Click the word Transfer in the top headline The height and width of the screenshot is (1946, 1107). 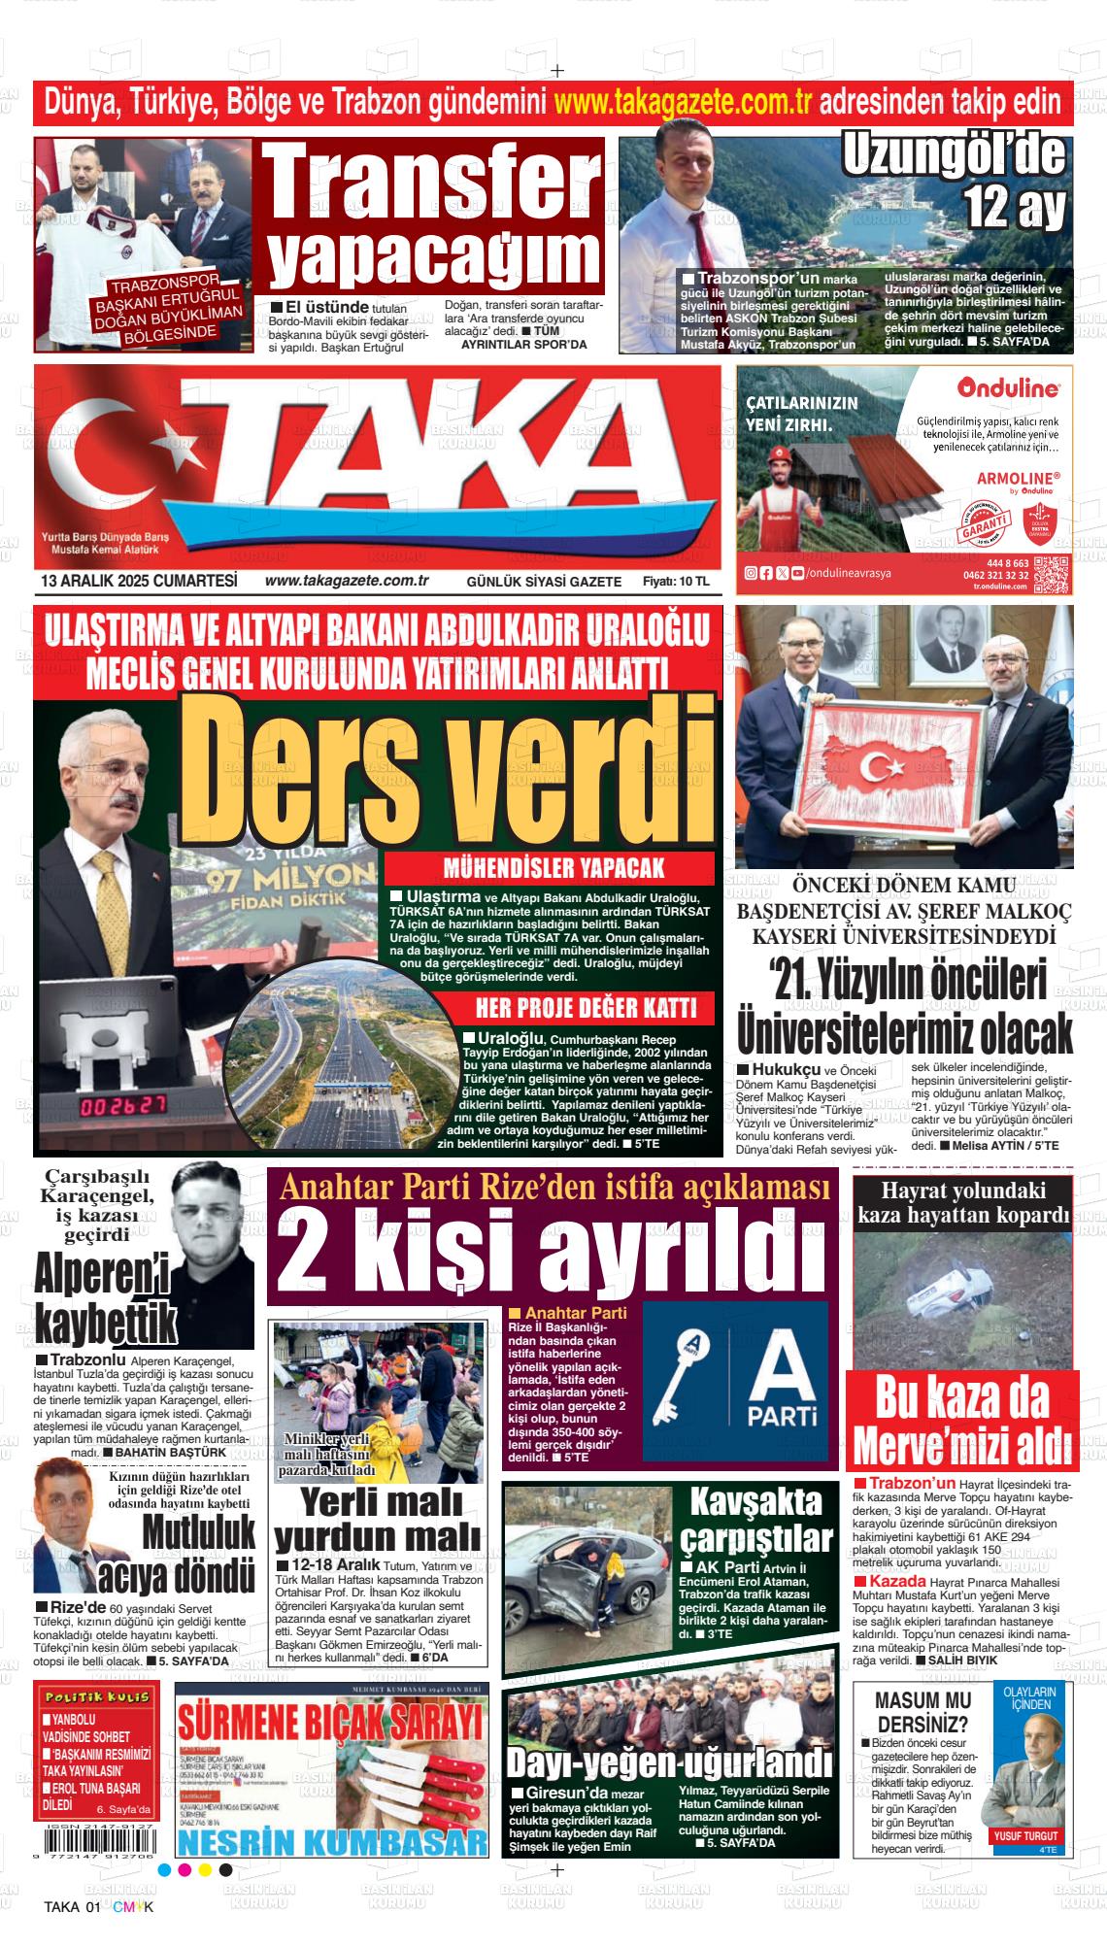point(433,183)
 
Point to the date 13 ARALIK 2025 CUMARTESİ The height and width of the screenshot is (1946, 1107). point(140,581)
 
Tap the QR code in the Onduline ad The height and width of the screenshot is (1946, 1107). point(1052,574)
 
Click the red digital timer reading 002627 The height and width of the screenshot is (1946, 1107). point(121,1106)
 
